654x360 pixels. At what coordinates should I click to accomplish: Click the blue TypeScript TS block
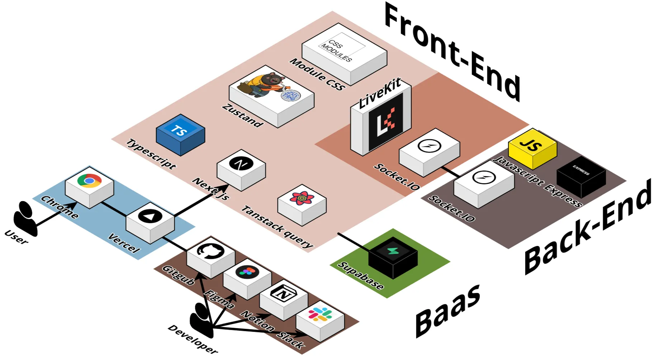[x=180, y=133]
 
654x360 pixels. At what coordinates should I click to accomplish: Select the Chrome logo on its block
[x=89, y=181]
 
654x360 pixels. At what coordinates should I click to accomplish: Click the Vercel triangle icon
[x=150, y=216]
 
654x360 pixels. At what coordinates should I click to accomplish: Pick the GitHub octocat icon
[x=210, y=251]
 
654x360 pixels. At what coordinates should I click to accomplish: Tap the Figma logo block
[x=247, y=272]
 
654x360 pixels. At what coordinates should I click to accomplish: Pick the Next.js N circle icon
[x=241, y=164]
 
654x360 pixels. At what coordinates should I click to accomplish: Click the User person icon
[x=25, y=218]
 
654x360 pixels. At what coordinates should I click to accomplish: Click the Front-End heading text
[x=452, y=50]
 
